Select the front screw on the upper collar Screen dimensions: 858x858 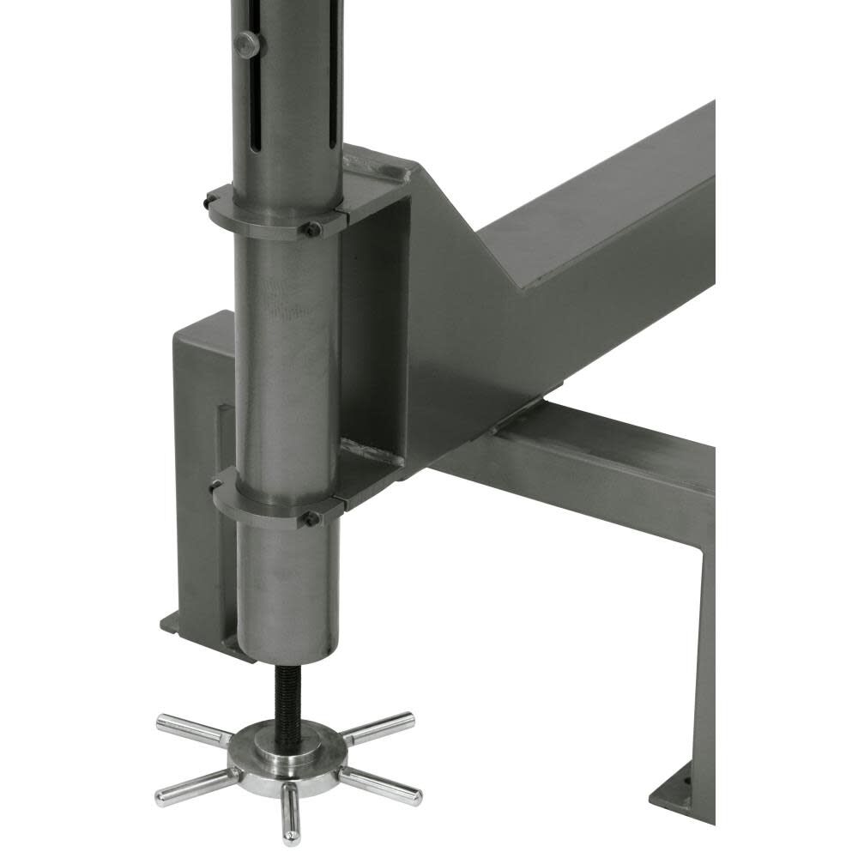coord(313,229)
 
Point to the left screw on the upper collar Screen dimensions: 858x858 coord(208,202)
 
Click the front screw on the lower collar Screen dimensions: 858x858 coord(312,518)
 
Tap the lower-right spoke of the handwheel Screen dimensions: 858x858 coord(382,786)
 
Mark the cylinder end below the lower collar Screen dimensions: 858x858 coord(283,601)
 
